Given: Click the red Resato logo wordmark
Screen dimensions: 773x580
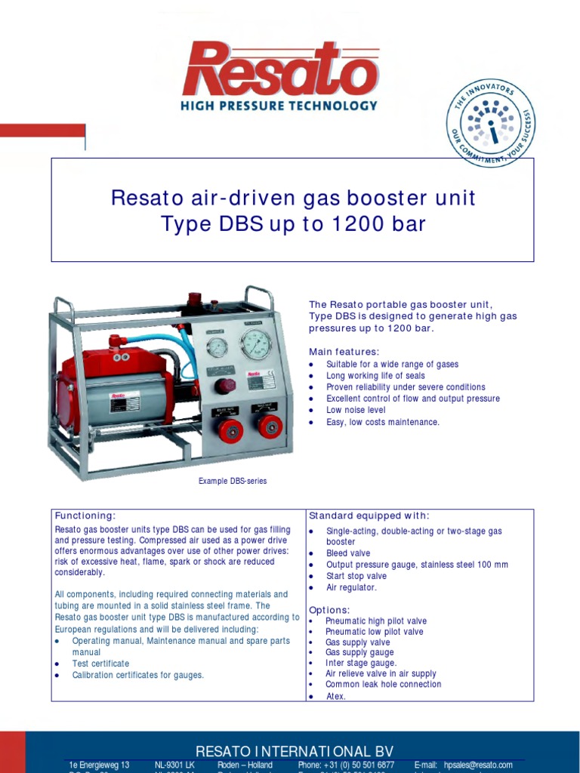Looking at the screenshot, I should pyautogui.click(x=279, y=69).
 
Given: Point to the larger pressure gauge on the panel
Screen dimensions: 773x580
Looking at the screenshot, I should pyautogui.click(x=256, y=344).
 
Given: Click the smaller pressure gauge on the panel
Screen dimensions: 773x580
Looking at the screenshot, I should pyautogui.click(x=217, y=347).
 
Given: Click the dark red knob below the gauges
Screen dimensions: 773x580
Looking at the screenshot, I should pyautogui.click(x=224, y=386).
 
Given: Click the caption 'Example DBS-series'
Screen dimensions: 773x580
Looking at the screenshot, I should pyautogui.click(x=232, y=481).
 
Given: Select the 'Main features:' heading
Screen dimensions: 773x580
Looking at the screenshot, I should pyautogui.click(x=344, y=352).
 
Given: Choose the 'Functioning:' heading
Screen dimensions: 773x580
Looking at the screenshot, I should pyautogui.click(x=85, y=516).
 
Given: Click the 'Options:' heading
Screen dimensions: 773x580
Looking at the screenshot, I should pyautogui.click(x=329, y=610).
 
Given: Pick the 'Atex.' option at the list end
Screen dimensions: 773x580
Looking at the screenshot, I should pyautogui.click(x=335, y=696).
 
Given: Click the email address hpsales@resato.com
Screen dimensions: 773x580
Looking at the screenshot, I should pyautogui.click(x=478, y=765).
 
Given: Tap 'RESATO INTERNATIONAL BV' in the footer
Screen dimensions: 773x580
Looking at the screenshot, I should pyautogui.click(x=295, y=751).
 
